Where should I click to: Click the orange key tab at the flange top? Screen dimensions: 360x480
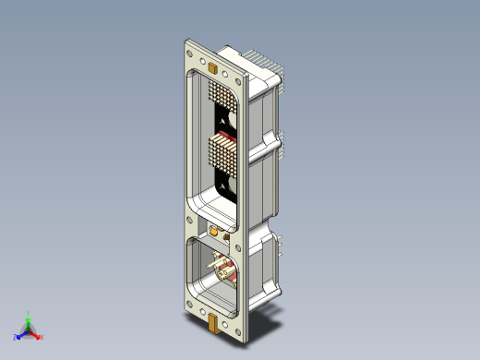click(212, 66)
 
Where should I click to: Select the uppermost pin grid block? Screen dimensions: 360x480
click(222, 94)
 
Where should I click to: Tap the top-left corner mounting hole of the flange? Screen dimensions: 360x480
click(190, 54)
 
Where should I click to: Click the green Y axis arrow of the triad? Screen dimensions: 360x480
click(29, 323)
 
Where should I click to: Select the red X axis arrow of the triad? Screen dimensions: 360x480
click(35, 335)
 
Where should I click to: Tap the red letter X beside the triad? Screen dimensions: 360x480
click(42, 338)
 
